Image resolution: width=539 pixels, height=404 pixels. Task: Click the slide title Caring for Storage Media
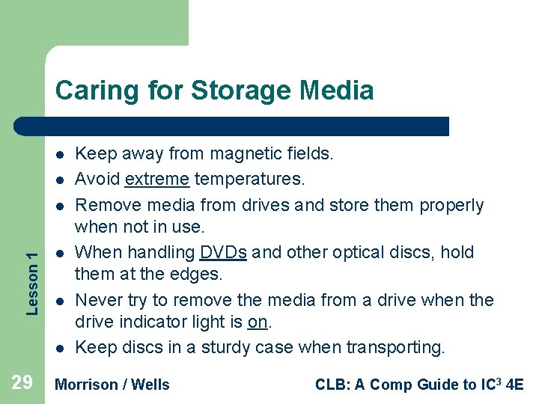[x=214, y=91]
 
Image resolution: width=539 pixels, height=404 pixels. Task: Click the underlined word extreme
[x=157, y=180]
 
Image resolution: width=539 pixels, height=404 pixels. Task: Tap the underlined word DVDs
[x=223, y=252]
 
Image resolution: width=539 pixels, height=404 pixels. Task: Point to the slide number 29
[x=22, y=384]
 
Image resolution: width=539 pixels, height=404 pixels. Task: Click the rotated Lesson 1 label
[x=32, y=272]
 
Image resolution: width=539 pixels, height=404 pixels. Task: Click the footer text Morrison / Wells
[x=113, y=385]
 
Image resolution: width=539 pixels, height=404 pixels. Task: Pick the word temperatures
[x=250, y=180]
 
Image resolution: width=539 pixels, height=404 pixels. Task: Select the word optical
[x=356, y=252]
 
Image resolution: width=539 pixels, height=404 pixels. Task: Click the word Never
[x=98, y=300]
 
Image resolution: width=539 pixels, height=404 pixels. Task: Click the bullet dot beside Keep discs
[x=58, y=348]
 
